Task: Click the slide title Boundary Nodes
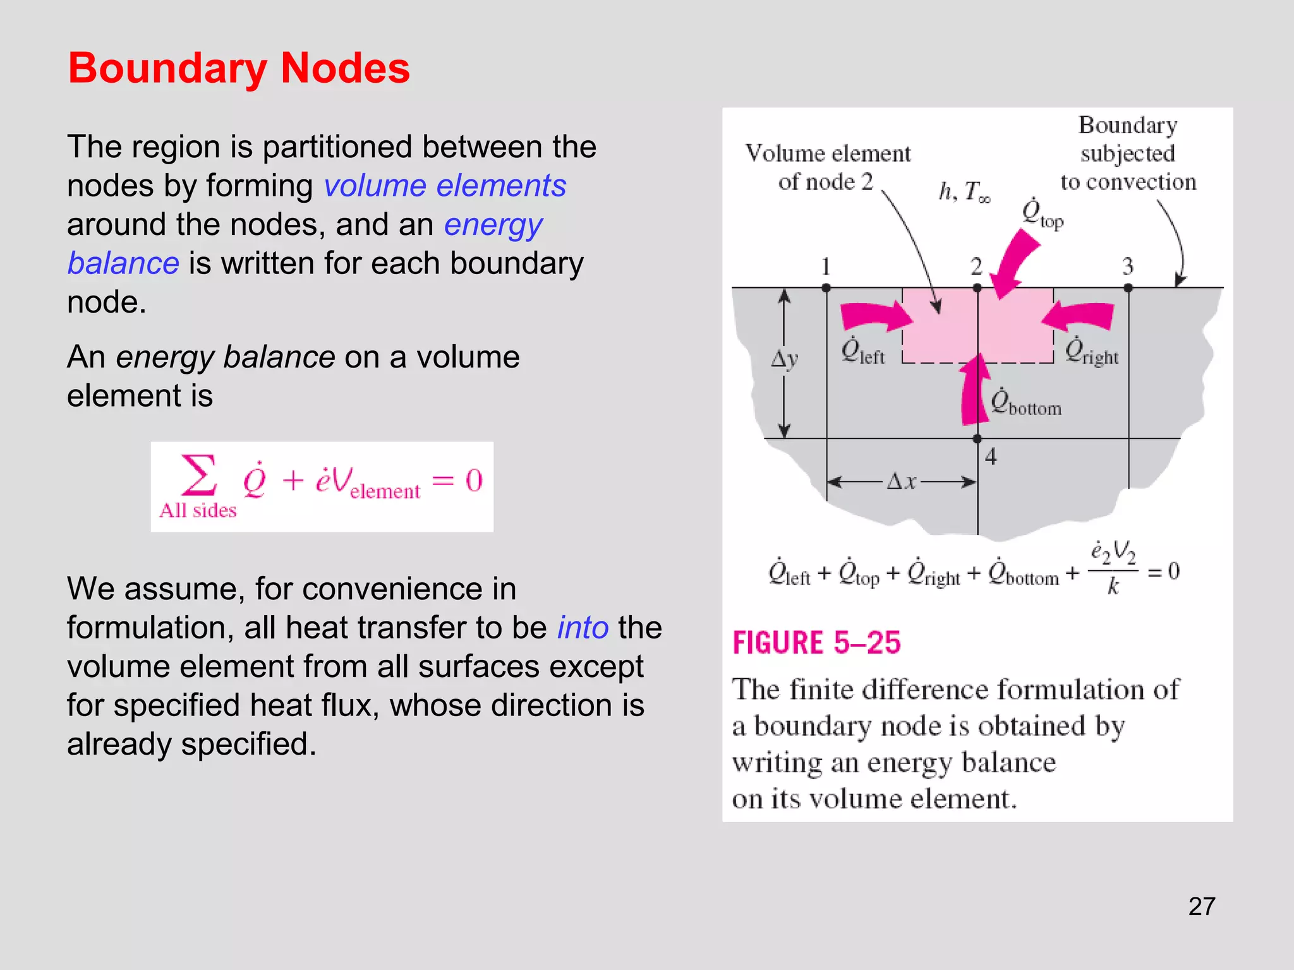(x=239, y=68)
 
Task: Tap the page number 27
(x=1201, y=906)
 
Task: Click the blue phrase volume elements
(x=445, y=186)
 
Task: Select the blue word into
(x=583, y=628)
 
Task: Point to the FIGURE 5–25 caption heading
(x=816, y=643)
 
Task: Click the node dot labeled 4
(x=977, y=438)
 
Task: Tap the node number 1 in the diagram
(x=825, y=266)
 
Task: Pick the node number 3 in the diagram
(x=1128, y=266)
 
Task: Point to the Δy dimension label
(x=784, y=359)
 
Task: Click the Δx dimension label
(x=902, y=482)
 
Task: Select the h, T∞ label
(x=964, y=191)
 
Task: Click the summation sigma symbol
(x=198, y=475)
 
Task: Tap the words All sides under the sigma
(x=198, y=510)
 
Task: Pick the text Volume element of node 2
(x=828, y=167)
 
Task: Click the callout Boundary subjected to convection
(x=1128, y=153)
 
